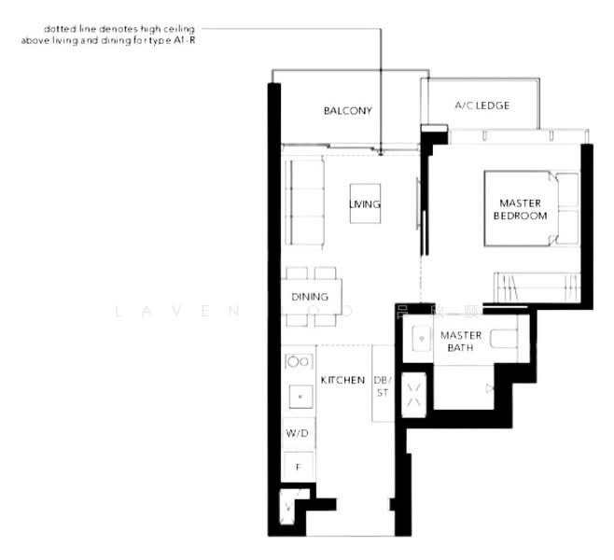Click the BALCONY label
(347, 111)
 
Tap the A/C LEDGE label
(481, 105)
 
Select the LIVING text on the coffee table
(365, 204)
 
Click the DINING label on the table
(310, 298)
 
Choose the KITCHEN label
(342, 380)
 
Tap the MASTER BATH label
(460, 341)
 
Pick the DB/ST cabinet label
(383, 386)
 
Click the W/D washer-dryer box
(298, 433)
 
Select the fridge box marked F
(298, 464)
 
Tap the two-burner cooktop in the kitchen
(299, 361)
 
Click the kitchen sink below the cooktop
(299, 396)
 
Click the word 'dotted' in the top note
(57, 30)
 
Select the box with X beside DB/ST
(414, 394)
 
